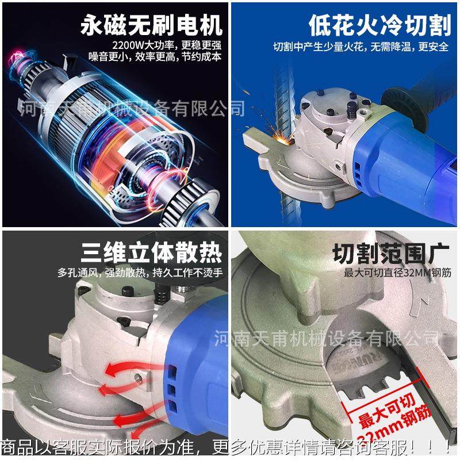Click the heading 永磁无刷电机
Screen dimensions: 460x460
151,25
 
